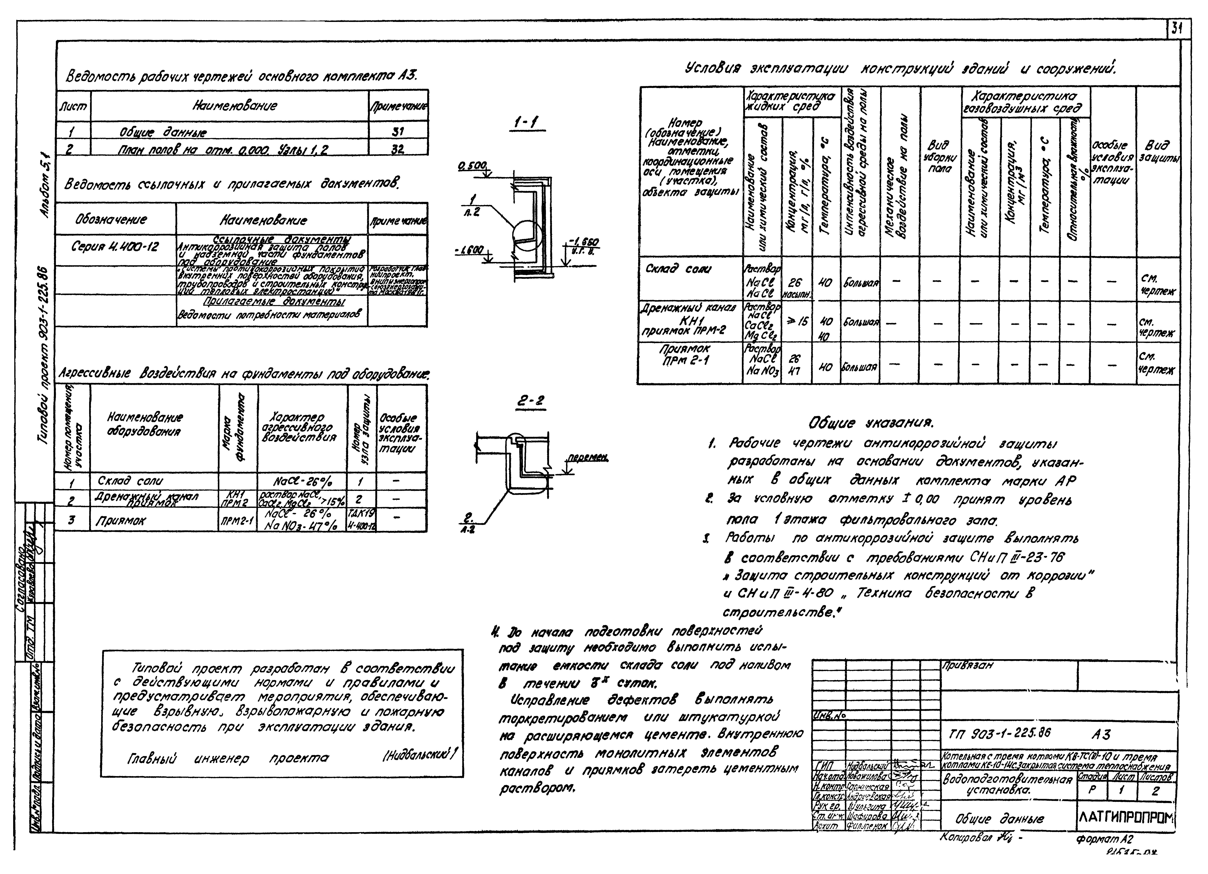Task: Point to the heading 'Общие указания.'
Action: pyautogui.click(x=870, y=423)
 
